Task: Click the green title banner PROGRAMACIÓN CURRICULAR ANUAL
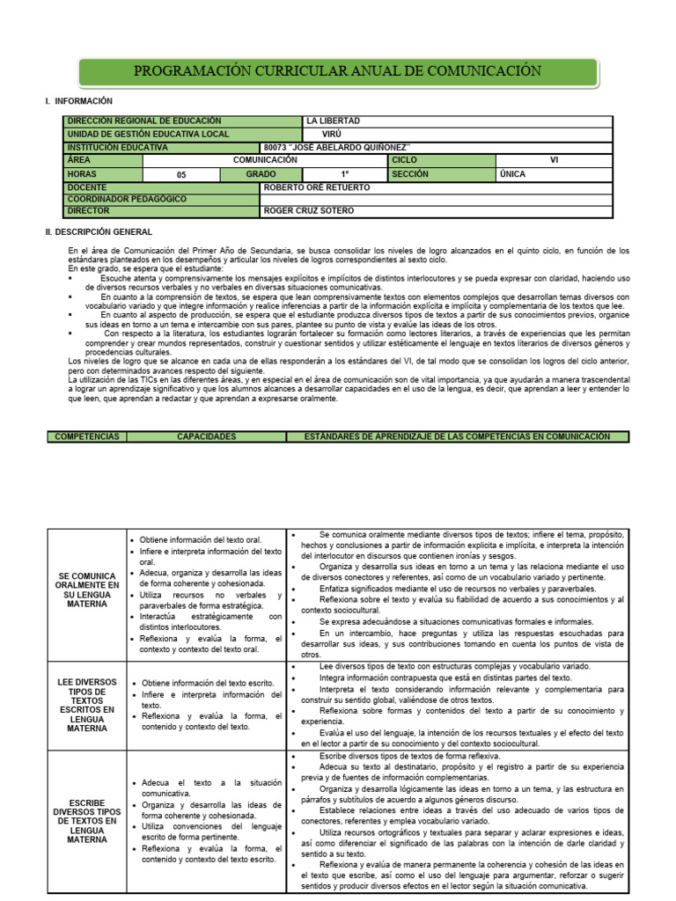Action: coord(338,71)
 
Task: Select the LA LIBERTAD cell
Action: coord(333,121)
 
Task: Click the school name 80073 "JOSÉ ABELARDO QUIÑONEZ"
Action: coord(337,147)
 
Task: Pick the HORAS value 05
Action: coord(181,175)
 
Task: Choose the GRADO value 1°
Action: coord(345,174)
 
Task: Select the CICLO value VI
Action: coord(554,161)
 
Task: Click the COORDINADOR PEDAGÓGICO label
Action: coord(127,200)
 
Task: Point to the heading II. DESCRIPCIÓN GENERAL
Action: coord(99,232)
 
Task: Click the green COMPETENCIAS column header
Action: coord(87,436)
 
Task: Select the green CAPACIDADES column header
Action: coord(206,436)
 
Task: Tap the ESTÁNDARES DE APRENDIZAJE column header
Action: coord(457,436)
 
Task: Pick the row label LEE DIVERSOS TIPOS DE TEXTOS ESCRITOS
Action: coord(86,705)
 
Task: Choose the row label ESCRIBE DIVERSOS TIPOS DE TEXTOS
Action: coord(86,821)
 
